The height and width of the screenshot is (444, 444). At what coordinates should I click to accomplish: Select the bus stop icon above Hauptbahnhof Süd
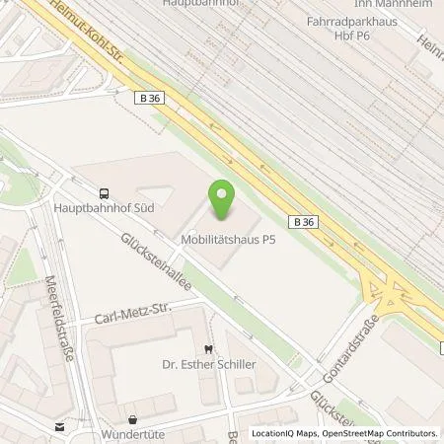tap(105, 193)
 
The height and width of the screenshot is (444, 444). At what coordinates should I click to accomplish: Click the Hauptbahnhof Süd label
tap(103, 208)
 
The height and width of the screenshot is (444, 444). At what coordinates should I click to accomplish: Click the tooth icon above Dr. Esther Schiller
tap(208, 348)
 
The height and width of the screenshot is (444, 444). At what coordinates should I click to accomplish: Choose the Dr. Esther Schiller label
tap(208, 364)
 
